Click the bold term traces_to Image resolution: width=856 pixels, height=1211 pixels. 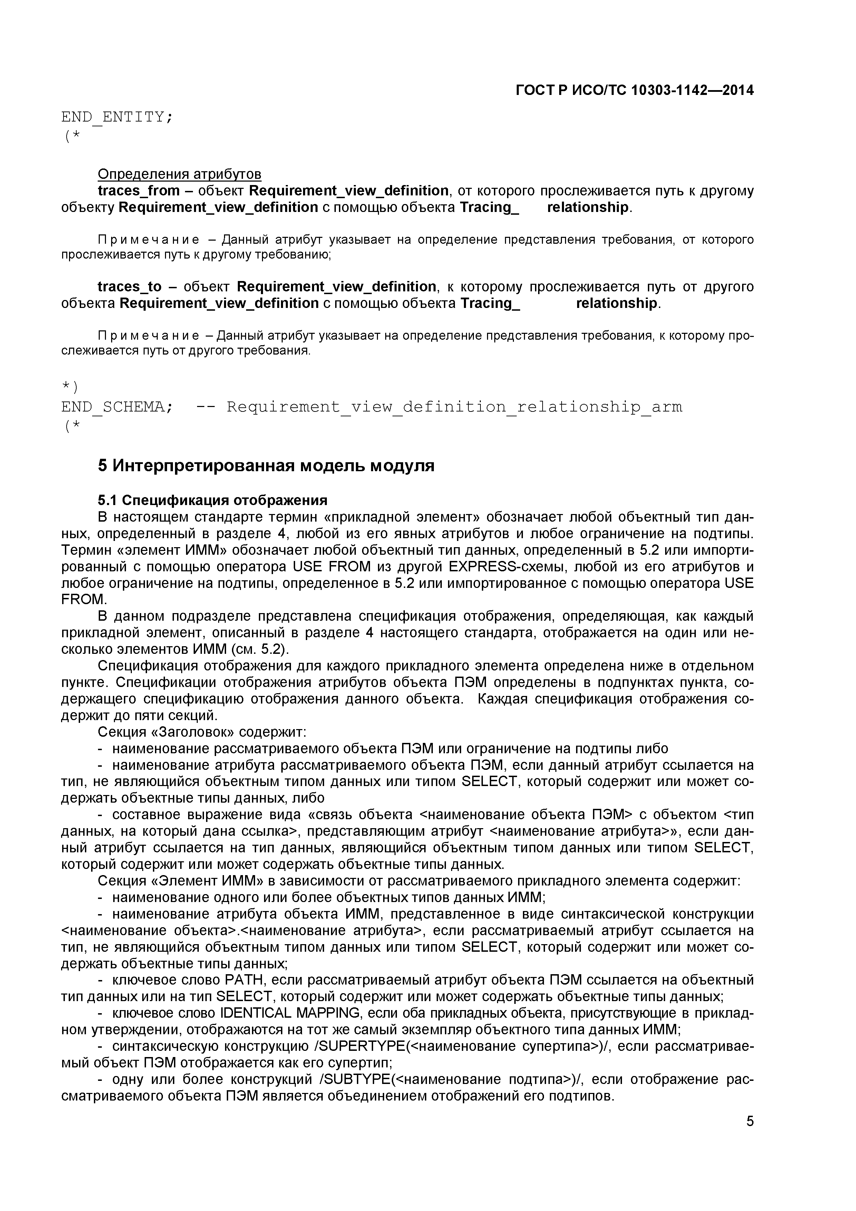[130, 287]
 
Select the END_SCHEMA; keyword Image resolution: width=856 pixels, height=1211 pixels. [117, 407]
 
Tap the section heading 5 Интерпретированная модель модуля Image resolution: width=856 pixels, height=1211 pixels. [266, 466]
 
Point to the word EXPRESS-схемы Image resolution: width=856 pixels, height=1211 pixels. [502, 566]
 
